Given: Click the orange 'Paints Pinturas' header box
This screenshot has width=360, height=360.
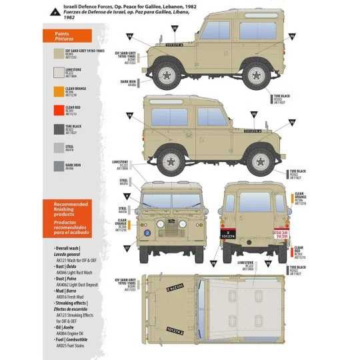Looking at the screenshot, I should pos(71,36).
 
